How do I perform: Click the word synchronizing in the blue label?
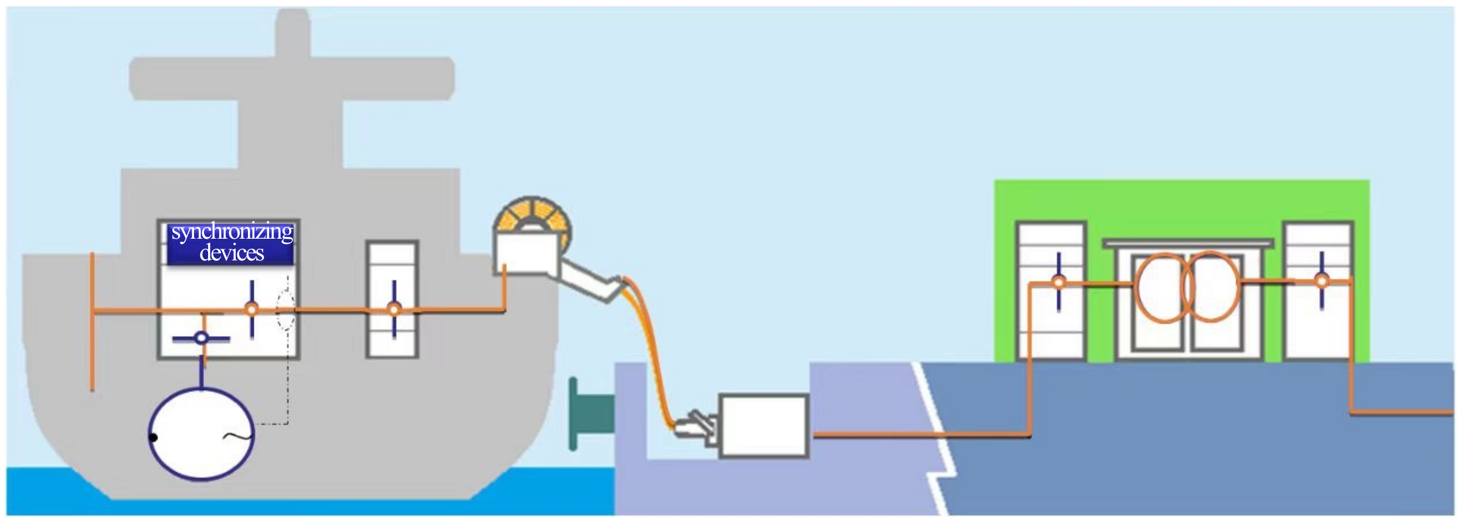[x=232, y=232]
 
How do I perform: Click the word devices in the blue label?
[x=232, y=253]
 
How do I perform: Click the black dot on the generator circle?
[x=154, y=437]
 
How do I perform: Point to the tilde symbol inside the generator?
[x=237, y=436]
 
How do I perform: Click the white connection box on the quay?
[x=764, y=425]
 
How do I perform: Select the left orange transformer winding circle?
[x=1163, y=287]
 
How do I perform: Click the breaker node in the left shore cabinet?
[x=1059, y=282]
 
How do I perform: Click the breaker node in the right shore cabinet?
[x=1321, y=281]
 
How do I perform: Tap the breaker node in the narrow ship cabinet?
[x=394, y=309]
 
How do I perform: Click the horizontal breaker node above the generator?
[x=201, y=338]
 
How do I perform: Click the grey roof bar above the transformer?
[x=1188, y=243]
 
